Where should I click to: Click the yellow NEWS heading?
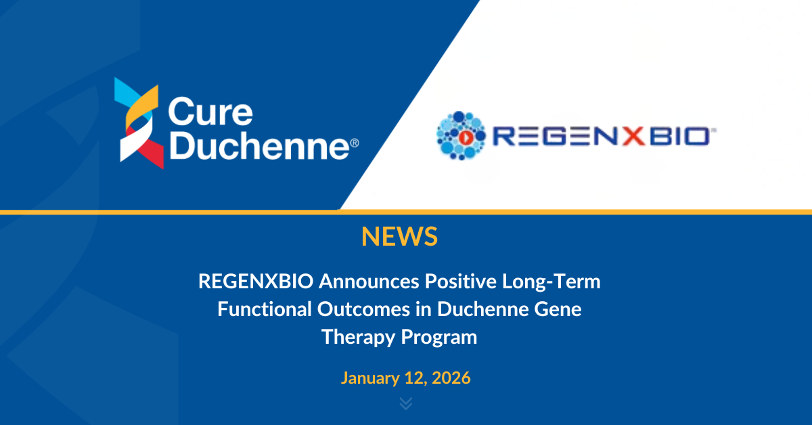[x=399, y=236]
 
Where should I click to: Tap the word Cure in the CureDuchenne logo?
[x=210, y=112]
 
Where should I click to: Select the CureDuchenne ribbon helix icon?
[x=139, y=123]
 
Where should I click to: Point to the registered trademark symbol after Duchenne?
[x=355, y=143]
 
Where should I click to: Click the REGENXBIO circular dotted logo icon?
[x=461, y=135]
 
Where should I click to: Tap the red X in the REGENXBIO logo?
[x=633, y=136]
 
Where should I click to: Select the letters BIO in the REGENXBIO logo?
[x=679, y=136]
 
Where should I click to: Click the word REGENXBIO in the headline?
[x=256, y=282]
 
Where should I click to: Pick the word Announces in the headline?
[x=369, y=282]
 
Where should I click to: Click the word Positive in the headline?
[x=461, y=282]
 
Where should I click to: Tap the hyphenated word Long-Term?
[x=551, y=282]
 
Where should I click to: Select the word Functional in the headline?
[x=265, y=309]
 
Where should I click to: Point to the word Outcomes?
[x=363, y=309]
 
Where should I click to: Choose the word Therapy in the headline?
[x=358, y=338]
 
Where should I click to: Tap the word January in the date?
[x=370, y=378]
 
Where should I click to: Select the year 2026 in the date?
[x=451, y=378]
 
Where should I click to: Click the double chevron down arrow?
[x=406, y=403]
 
